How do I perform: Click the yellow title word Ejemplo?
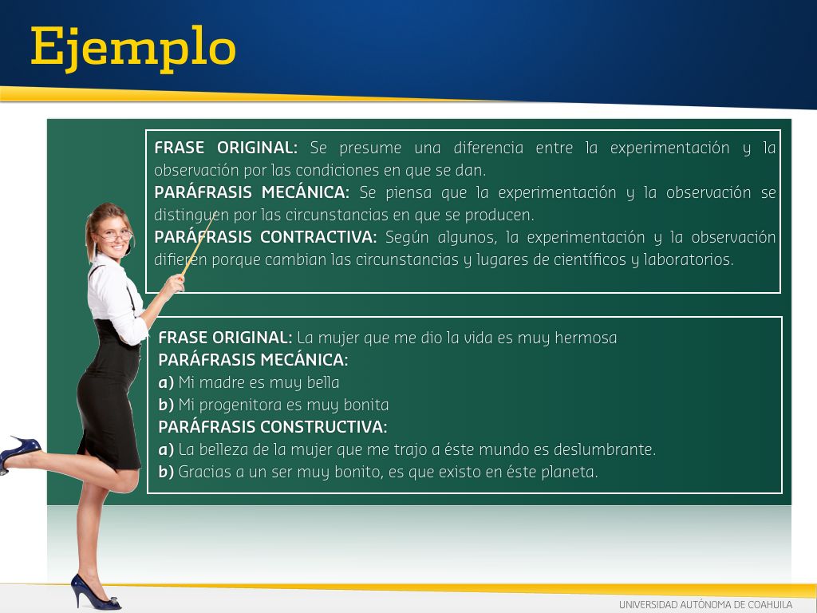pos(133,49)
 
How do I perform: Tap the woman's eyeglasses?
pos(116,235)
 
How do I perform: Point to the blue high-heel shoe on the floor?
pos(95,592)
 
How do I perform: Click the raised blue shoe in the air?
pos(19,453)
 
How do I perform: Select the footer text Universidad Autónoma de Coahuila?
pos(705,605)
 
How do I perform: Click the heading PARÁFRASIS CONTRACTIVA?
pos(265,237)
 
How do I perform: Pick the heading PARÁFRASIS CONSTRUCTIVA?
pos(273,427)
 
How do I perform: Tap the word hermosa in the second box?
pos(586,338)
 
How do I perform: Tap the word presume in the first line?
pos(370,148)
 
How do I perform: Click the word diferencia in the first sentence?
pos(488,148)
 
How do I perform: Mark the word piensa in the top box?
pos(408,193)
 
